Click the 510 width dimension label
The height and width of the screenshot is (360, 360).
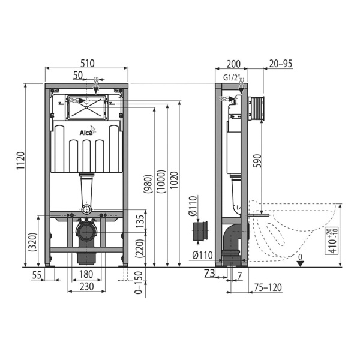[x=88, y=64]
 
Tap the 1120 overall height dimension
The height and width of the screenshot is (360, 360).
[x=20, y=161]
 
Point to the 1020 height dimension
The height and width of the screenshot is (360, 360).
[x=174, y=180]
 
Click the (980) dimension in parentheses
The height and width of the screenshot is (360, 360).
[x=148, y=184]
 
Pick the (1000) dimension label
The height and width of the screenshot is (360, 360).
[x=161, y=182]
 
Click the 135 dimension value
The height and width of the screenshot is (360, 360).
[x=140, y=221]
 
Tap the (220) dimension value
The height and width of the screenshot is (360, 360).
[x=140, y=248]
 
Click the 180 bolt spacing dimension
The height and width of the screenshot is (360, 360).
[x=86, y=274]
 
